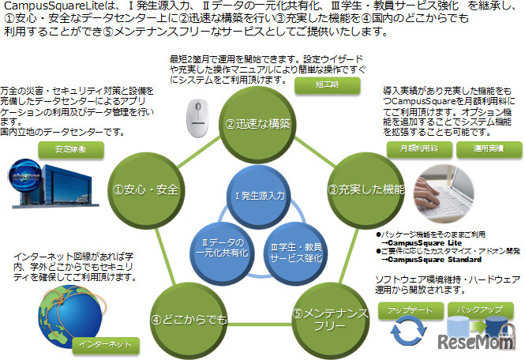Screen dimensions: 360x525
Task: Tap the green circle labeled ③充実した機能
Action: [366, 189]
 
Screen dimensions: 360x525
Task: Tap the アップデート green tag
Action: [407, 312]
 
